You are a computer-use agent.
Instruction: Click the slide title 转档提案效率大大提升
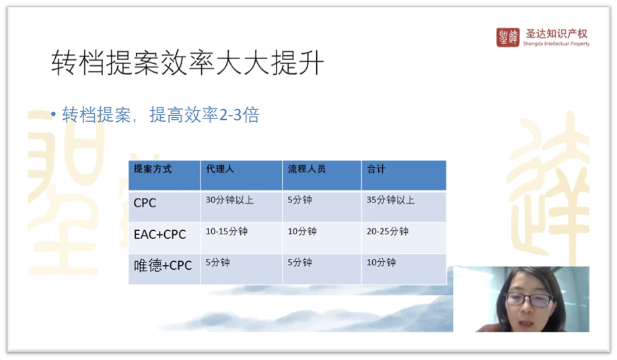pyautogui.click(x=188, y=63)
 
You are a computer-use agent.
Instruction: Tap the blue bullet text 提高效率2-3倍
pyautogui.click(x=205, y=115)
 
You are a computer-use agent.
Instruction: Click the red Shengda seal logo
pyautogui.click(x=507, y=38)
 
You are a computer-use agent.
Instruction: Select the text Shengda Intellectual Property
pyautogui.click(x=556, y=44)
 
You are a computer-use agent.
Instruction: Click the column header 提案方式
pyautogui.click(x=153, y=169)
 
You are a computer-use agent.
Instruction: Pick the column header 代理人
pyautogui.click(x=220, y=169)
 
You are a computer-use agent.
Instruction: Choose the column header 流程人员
pyautogui.click(x=307, y=169)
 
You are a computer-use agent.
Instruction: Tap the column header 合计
pyautogui.click(x=376, y=169)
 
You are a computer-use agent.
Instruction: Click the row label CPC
pyautogui.click(x=145, y=203)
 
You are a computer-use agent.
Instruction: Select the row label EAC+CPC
pyautogui.click(x=159, y=234)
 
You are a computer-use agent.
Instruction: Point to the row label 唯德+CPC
pyautogui.click(x=163, y=266)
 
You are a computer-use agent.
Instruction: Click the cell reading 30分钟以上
pyautogui.click(x=230, y=200)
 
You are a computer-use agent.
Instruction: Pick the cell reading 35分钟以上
pyautogui.click(x=391, y=200)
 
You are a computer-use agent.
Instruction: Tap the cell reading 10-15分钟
pyautogui.click(x=227, y=231)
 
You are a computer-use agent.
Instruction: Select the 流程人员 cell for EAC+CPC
pyautogui.click(x=302, y=231)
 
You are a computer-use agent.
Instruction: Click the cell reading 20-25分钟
pyautogui.click(x=388, y=231)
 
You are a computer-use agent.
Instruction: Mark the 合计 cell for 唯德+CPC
pyautogui.click(x=382, y=262)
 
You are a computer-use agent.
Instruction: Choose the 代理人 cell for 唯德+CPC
pyautogui.click(x=217, y=262)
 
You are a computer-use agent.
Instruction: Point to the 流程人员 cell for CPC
pyautogui.click(x=300, y=200)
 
